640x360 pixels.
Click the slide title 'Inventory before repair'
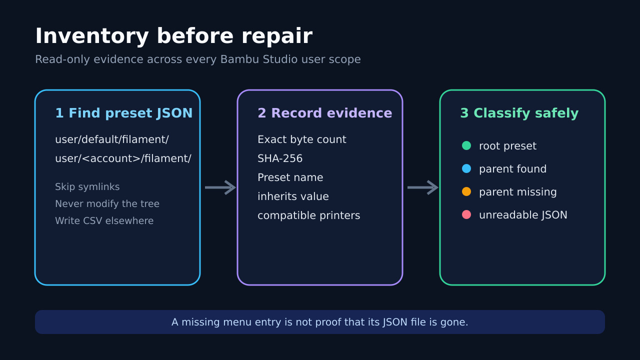tap(173, 36)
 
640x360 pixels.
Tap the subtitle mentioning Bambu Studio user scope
tap(197, 59)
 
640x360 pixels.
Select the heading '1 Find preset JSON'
tap(123, 113)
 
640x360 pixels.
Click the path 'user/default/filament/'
tap(111, 139)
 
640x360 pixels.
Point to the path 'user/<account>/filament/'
tap(123, 158)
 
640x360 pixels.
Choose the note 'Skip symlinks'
tap(87, 187)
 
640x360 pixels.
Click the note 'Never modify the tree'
tap(107, 203)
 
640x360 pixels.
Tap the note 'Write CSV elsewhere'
tap(104, 221)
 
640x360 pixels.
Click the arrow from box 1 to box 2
tap(220, 187)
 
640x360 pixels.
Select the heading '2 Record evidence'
tap(325, 113)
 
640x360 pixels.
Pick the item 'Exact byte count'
tap(301, 139)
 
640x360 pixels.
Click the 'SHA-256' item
tap(279, 158)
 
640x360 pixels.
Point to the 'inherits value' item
tap(293, 196)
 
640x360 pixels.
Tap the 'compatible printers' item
tap(308, 215)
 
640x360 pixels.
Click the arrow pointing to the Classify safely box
tap(423, 187)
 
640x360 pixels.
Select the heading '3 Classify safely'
tap(519, 113)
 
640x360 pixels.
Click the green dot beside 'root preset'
tap(466, 145)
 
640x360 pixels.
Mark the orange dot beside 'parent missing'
tap(466, 191)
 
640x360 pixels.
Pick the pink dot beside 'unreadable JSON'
tap(466, 214)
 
